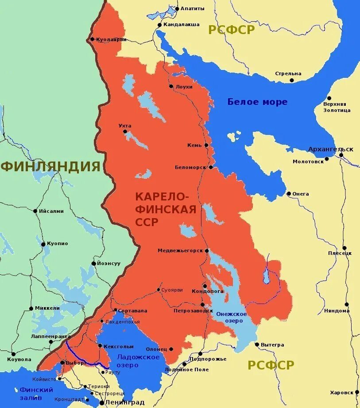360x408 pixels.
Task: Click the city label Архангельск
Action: pyautogui.click(x=330, y=149)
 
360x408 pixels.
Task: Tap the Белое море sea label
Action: pyautogui.click(x=257, y=102)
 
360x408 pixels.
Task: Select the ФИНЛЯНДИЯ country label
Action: pyautogui.click(x=50, y=166)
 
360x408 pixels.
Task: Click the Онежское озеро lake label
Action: pyautogui.click(x=231, y=317)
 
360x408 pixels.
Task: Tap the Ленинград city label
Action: pyautogui.click(x=124, y=402)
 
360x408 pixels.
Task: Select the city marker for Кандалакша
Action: pyautogui.click(x=159, y=25)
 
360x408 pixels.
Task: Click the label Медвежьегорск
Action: pyautogui.click(x=180, y=250)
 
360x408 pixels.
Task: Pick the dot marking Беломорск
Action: pyautogui.click(x=211, y=167)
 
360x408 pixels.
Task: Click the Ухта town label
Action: pyautogui.click(x=125, y=126)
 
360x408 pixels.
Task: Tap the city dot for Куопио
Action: pyautogui.click(x=43, y=244)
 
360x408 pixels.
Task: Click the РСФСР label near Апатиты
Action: pyautogui.click(x=232, y=30)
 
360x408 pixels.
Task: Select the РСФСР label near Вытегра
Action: pyautogui.click(x=271, y=365)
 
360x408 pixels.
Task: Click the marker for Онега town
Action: pyautogui.click(x=289, y=194)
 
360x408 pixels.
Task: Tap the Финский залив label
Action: pyautogui.click(x=36, y=393)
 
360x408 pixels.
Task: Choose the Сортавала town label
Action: pyautogui.click(x=133, y=311)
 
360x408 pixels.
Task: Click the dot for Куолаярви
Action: pyautogui.click(x=92, y=39)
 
